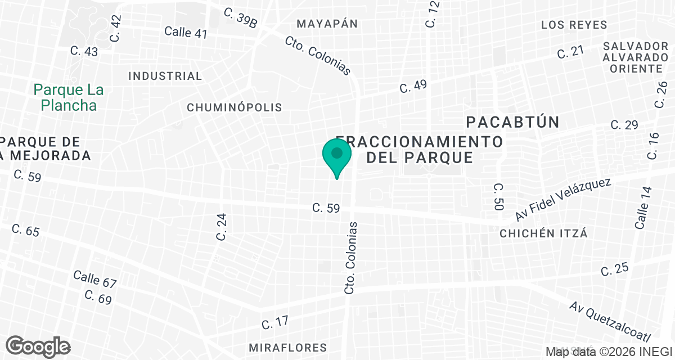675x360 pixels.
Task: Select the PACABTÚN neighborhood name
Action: tap(513, 122)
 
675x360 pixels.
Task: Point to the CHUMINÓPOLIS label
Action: tap(234, 107)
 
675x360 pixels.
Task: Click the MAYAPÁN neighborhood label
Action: tap(327, 24)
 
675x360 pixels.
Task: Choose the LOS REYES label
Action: tap(574, 25)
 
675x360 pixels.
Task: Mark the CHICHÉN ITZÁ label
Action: tap(543, 233)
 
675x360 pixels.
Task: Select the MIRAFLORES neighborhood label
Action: tap(287, 347)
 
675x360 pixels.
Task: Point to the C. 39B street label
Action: tap(240, 17)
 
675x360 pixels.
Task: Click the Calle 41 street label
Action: tap(186, 32)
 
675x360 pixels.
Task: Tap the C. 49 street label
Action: tap(413, 86)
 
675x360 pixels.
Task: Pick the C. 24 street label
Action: tap(222, 227)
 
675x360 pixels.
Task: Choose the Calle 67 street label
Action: tap(94, 278)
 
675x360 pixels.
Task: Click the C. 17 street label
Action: tap(275, 322)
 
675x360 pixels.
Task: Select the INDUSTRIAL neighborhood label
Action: tap(165, 76)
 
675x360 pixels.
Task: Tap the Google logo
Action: tap(38, 346)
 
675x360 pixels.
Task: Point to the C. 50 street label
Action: tap(498, 197)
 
